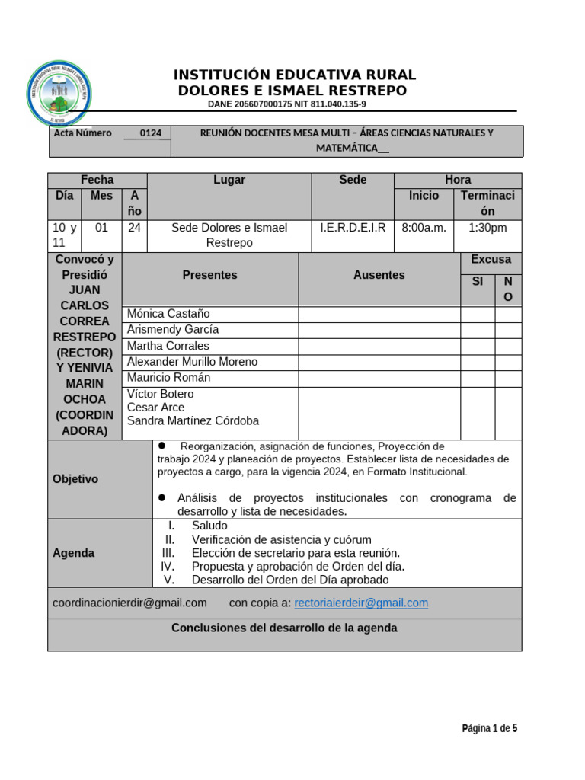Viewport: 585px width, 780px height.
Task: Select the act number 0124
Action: tap(150, 133)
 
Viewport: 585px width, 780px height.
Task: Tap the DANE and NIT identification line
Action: tap(286, 104)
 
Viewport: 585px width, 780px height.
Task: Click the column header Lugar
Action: tap(229, 180)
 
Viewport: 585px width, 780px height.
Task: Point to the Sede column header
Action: tap(353, 180)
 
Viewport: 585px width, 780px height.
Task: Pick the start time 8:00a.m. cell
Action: tap(424, 228)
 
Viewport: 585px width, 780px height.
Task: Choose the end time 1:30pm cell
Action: tap(487, 228)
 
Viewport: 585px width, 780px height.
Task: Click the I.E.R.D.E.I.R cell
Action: tap(353, 228)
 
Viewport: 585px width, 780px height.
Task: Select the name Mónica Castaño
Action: tap(168, 314)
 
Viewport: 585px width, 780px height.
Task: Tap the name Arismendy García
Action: tap(173, 330)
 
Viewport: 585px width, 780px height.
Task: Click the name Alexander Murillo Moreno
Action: tap(192, 362)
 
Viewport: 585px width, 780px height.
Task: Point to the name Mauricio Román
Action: tap(168, 378)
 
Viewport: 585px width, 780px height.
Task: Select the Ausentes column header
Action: tap(379, 275)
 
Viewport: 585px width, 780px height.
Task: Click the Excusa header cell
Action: tap(491, 260)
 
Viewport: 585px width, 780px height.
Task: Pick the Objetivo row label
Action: tap(75, 479)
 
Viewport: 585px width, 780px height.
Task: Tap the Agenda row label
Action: tap(74, 553)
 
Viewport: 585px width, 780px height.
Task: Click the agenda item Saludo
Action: tap(209, 526)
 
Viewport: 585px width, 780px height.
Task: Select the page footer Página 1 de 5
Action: tap(489, 729)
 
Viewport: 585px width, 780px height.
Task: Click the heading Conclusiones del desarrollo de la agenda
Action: tap(284, 628)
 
